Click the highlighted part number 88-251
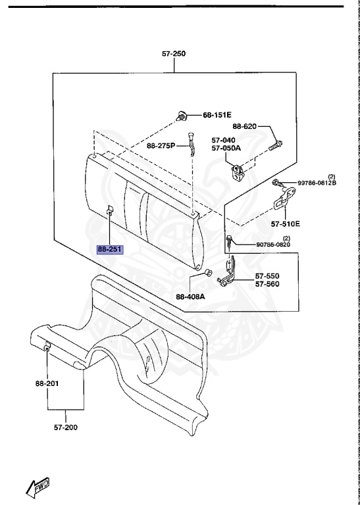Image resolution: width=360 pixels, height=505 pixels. (x=111, y=249)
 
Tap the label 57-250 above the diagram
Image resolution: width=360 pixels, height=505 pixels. (x=174, y=53)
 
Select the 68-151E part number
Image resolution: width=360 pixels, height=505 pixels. (x=217, y=115)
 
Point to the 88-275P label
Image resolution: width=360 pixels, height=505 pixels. (x=161, y=146)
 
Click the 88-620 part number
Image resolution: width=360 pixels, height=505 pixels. (x=245, y=126)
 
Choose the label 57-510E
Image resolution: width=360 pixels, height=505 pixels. (x=285, y=224)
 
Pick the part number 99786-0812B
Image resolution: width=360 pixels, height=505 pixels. (x=317, y=183)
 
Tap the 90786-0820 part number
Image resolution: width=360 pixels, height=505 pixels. (x=273, y=245)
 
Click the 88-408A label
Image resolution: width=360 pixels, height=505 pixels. (x=190, y=297)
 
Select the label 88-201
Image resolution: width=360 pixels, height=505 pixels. (x=47, y=383)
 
